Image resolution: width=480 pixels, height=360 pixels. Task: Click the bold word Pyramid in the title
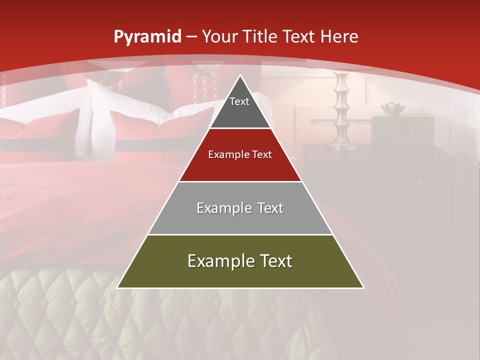[147, 37]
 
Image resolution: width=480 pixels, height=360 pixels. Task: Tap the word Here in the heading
[339, 37]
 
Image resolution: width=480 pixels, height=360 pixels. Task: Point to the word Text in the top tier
[239, 101]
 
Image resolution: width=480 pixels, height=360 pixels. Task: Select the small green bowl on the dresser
[391, 108]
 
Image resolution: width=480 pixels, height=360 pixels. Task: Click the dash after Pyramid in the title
[191, 37]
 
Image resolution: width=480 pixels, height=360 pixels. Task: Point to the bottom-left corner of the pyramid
[118, 287]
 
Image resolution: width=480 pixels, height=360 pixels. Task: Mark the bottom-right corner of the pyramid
[363, 287]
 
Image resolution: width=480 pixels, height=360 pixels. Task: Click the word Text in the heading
[299, 37]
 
